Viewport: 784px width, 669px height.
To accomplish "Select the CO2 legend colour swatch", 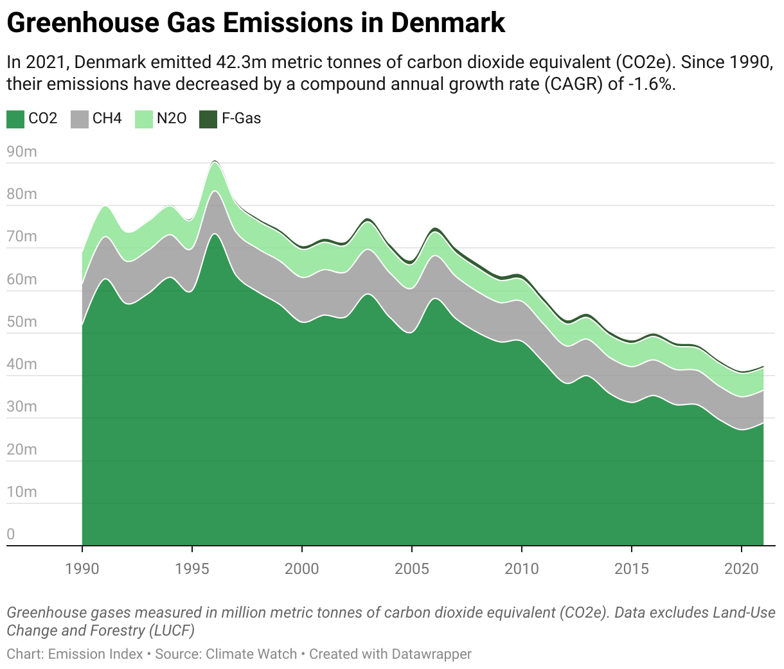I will pyautogui.click(x=15, y=119).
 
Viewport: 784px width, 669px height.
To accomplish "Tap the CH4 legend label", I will pyautogui.click(x=107, y=119).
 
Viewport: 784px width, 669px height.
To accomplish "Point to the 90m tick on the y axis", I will pyautogui.click(x=22, y=152).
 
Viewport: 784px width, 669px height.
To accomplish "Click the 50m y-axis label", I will pyautogui.click(x=22, y=322).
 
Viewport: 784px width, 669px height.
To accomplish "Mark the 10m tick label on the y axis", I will pyautogui.click(x=22, y=492).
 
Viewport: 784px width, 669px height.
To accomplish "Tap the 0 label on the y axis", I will pyautogui.click(x=11, y=534).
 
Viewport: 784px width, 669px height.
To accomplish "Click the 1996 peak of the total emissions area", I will pyautogui.click(x=215, y=161).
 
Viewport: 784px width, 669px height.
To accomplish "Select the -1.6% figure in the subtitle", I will pyautogui.click(x=650, y=84).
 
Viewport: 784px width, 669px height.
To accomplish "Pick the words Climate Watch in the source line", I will pyautogui.click(x=252, y=654).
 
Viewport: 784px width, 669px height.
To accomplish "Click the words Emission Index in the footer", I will pyautogui.click(x=95, y=654).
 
